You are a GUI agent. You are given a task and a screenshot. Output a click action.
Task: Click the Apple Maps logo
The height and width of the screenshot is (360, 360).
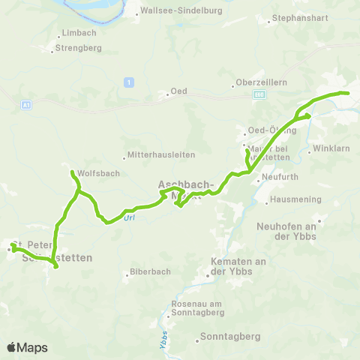tap(27, 347)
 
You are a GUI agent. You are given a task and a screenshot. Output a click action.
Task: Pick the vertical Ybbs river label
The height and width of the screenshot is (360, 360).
tap(163, 343)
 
